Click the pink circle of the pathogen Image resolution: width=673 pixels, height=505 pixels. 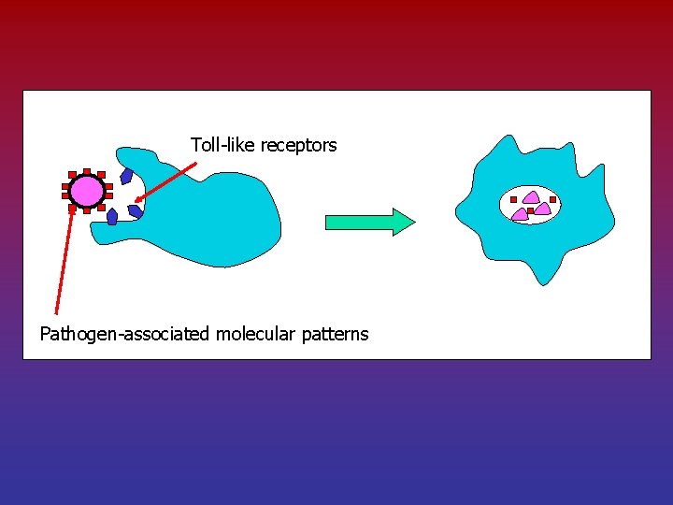point(86,191)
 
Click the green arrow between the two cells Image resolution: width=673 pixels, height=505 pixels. point(370,222)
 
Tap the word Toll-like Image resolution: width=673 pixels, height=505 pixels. point(223,145)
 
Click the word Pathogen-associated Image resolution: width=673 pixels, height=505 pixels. point(125,334)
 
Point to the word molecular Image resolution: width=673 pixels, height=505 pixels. point(256,334)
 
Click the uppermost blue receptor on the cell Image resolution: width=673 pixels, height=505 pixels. point(126,177)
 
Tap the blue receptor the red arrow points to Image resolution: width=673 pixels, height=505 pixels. point(136,210)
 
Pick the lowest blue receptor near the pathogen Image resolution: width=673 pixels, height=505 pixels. point(112,217)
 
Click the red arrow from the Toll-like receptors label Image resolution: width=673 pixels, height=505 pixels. point(166,181)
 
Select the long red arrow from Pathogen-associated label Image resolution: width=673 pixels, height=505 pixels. point(64,262)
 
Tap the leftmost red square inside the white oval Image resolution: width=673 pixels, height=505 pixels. point(513,199)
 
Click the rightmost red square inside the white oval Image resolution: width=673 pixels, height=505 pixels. point(552,199)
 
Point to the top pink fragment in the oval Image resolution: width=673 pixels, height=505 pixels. point(530,197)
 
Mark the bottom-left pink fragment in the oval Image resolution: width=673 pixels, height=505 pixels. point(521,214)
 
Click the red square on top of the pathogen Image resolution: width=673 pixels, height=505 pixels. point(87,171)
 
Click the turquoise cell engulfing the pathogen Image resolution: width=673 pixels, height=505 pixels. point(215,215)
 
